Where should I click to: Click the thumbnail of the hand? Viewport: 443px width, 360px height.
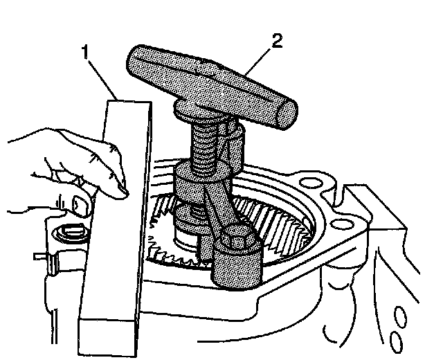[82, 203]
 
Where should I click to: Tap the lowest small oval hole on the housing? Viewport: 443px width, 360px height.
[397, 340]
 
